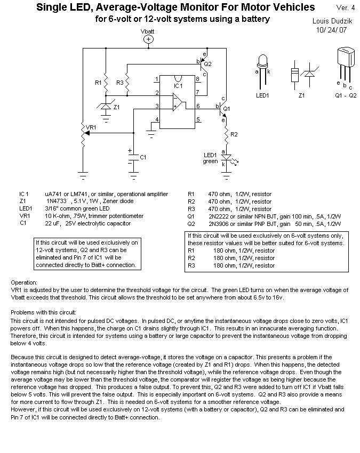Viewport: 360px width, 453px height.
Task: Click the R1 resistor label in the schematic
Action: click(98, 83)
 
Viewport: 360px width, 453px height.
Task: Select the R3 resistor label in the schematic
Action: click(119, 83)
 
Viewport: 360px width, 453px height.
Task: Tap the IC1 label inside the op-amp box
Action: click(178, 85)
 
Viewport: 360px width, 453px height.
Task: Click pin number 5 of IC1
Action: click(198, 120)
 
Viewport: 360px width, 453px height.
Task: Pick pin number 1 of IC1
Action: click(156, 79)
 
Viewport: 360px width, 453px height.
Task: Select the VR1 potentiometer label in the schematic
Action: click(91, 128)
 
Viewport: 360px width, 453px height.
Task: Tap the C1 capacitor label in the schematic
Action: click(142, 157)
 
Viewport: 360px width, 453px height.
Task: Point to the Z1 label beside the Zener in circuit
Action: click(117, 107)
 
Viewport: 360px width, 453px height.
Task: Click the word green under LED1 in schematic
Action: click(210, 161)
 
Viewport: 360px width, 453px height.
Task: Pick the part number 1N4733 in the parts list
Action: click(55, 201)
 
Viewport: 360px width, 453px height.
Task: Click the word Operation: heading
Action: click(24, 282)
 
